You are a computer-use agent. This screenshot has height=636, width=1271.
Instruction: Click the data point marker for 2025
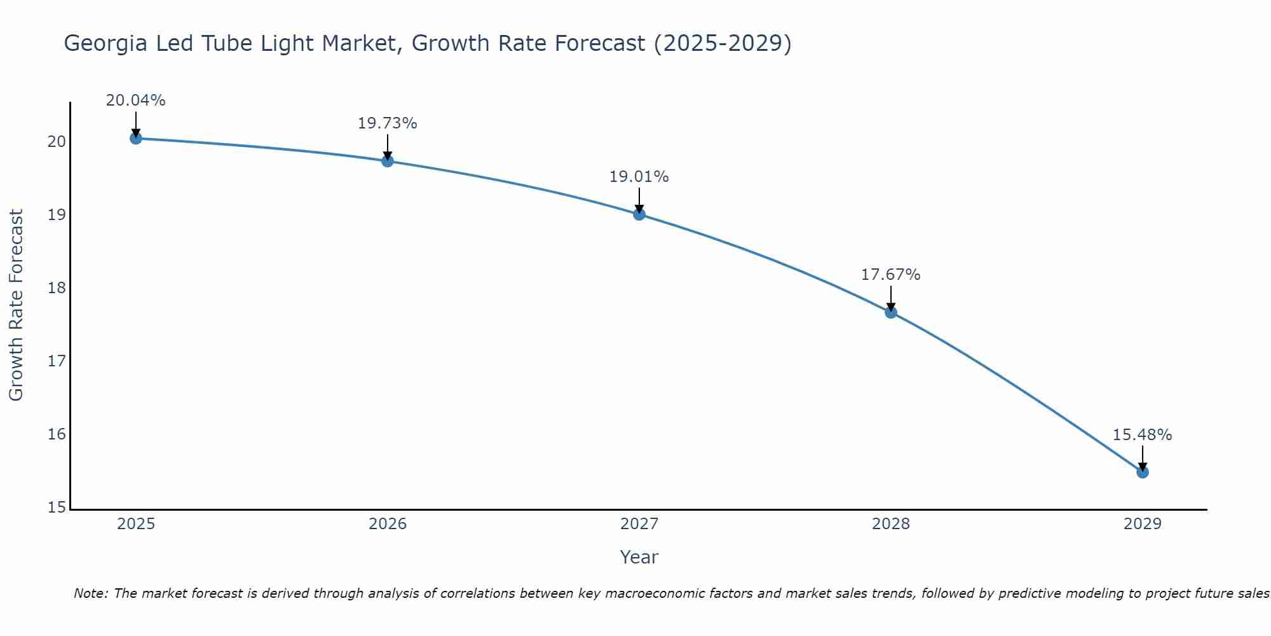click(x=135, y=138)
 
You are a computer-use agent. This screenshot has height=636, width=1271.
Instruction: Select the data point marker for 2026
click(x=388, y=161)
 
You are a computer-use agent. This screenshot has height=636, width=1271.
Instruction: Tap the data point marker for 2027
click(x=639, y=214)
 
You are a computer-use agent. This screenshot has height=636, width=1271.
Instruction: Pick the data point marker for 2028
click(x=891, y=312)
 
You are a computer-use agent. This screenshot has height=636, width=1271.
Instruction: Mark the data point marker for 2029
click(x=1143, y=472)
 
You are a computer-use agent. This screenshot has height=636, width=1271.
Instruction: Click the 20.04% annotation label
click(x=135, y=100)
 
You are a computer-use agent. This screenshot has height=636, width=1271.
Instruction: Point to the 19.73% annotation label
click(x=387, y=123)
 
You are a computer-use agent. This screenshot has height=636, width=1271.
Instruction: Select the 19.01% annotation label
click(x=639, y=177)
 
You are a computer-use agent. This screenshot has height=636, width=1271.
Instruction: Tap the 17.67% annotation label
click(x=890, y=275)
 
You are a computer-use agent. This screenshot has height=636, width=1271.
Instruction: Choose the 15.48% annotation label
click(x=1142, y=435)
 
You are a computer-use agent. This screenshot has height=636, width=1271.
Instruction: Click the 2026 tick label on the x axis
click(x=388, y=524)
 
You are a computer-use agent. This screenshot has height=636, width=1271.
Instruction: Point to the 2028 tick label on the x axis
click(x=891, y=524)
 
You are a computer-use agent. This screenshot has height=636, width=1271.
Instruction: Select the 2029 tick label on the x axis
click(x=1143, y=524)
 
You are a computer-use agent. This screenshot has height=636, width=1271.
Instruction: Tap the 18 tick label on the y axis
click(x=57, y=288)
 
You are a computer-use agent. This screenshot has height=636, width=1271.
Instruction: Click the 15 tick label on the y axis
click(x=57, y=508)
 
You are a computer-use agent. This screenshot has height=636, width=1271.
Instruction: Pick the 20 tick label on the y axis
click(x=57, y=141)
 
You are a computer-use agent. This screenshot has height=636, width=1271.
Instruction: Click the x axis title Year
click(x=639, y=557)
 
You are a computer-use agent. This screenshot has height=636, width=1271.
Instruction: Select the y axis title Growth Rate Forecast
click(x=17, y=305)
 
